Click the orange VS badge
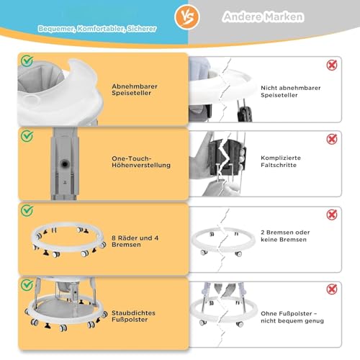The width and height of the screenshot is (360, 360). [x=187, y=17]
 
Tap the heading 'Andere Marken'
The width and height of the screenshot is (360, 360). [x=264, y=17]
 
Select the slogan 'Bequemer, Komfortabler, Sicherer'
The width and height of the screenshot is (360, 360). [x=97, y=29]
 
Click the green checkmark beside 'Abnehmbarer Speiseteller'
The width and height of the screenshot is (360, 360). [x=27, y=61]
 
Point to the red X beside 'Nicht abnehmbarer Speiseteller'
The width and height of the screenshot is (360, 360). [x=332, y=65]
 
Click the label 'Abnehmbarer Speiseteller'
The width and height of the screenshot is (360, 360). [x=135, y=89]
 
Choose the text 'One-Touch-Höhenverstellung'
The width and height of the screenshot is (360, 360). [x=141, y=162]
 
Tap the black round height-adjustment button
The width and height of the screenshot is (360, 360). [x=64, y=164]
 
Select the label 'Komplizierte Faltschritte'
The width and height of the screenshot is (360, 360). [x=281, y=161]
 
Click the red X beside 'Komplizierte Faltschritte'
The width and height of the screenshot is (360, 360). [x=332, y=139]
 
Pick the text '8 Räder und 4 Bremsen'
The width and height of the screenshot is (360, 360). [x=135, y=241]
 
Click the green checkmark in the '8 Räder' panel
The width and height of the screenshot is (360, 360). [x=27, y=210]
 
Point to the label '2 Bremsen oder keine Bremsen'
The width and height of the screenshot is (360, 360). [x=285, y=236]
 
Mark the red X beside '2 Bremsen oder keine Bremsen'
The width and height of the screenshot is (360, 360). [x=332, y=215]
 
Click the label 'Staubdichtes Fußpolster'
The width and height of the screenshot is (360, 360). [x=133, y=316]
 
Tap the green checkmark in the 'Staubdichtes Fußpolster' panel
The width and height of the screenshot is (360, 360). [x=27, y=285]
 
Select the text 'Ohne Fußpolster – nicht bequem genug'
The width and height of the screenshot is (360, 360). [x=292, y=317]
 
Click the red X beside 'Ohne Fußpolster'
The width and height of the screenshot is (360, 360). [x=332, y=289]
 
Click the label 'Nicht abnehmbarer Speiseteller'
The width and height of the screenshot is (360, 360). [x=291, y=91]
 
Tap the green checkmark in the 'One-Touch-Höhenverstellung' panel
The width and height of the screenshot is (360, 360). [x=27, y=136]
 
